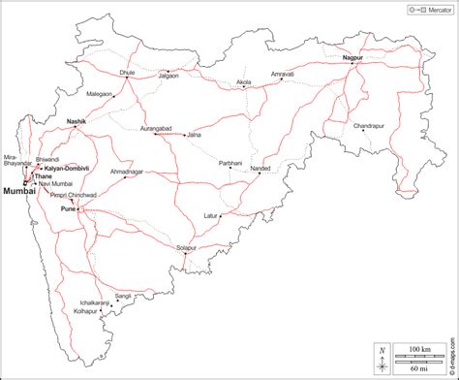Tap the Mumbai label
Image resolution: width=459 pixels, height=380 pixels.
pyautogui.click(x=19, y=191)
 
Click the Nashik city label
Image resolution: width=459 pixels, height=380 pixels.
pyautogui.click(x=76, y=121)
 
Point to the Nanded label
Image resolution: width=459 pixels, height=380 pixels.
pyautogui.click(x=261, y=169)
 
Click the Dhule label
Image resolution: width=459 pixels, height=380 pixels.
pyautogui.click(x=126, y=72)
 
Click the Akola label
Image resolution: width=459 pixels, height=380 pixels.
pyautogui.click(x=243, y=83)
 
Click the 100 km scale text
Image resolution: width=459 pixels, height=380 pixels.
pyautogui.click(x=419, y=348)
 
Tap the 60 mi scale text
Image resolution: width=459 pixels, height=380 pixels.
pyautogui.click(x=419, y=367)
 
